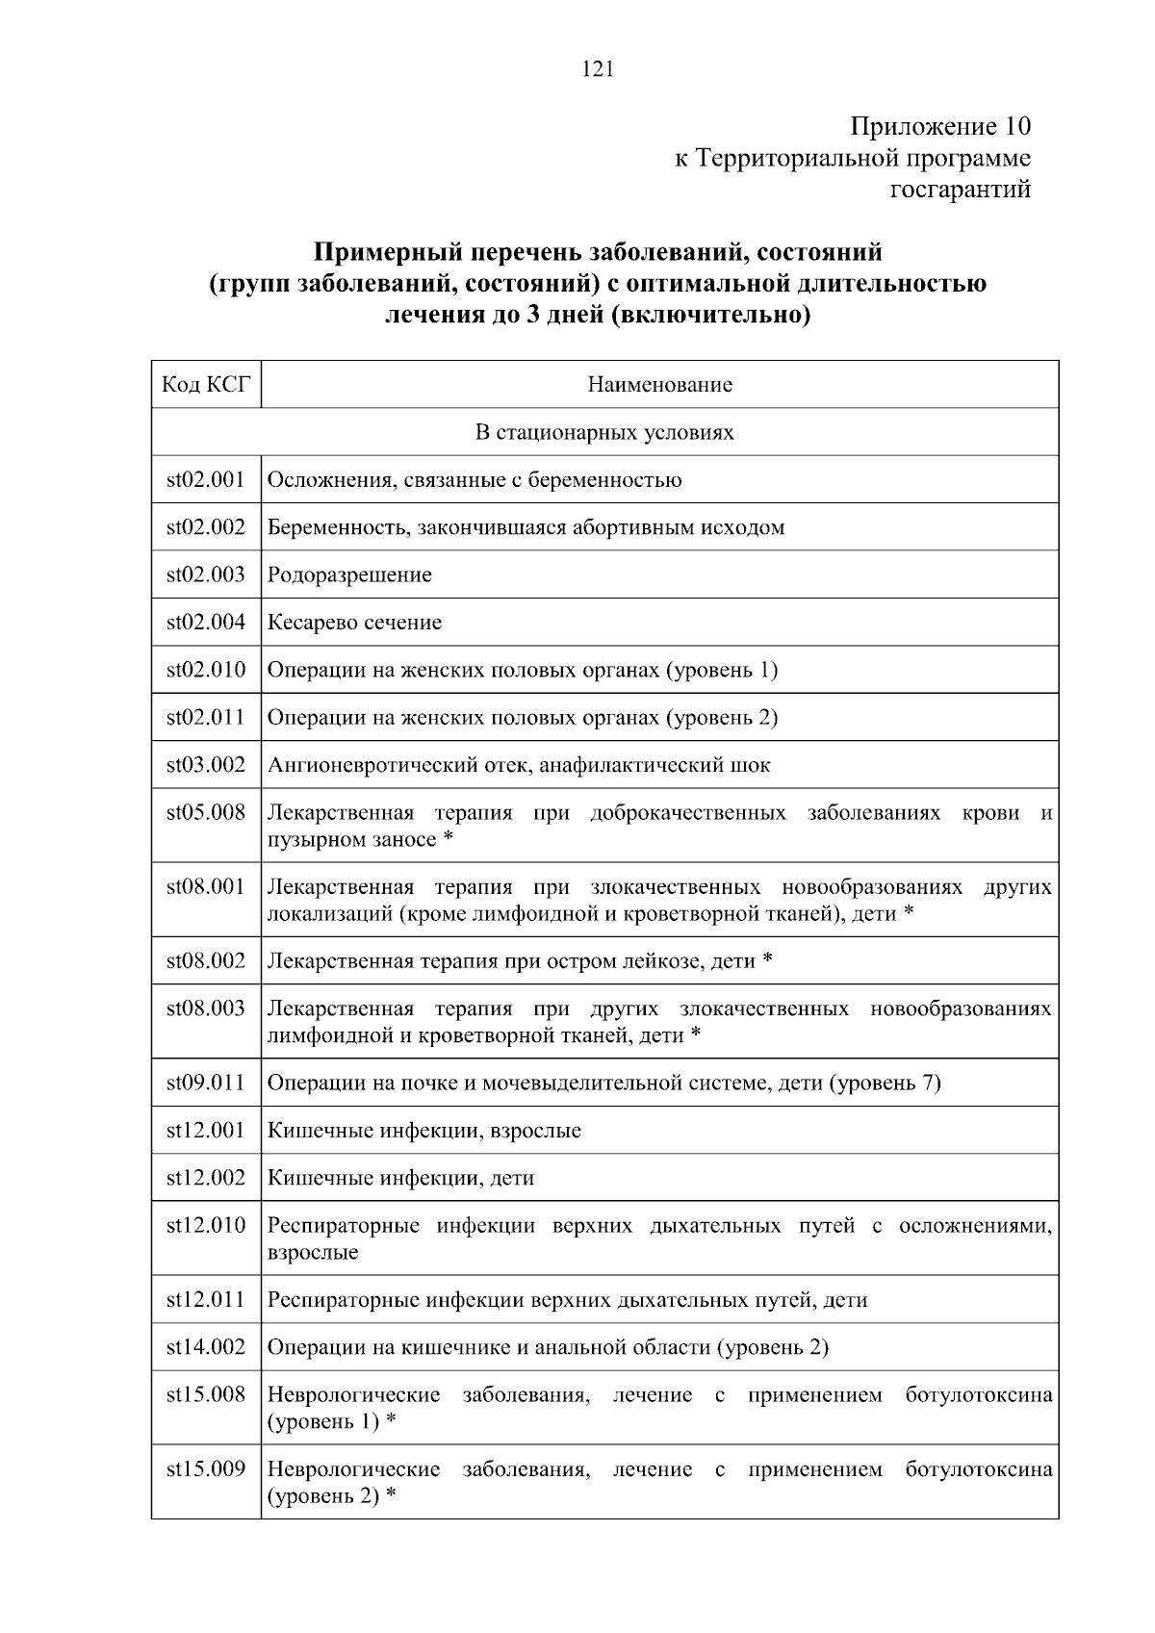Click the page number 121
[x=598, y=68]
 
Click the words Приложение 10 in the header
[x=939, y=126]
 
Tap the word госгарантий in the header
[x=960, y=190]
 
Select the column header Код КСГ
[x=206, y=385]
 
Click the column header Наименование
[x=659, y=385]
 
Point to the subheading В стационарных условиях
[x=604, y=432]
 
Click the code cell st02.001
[x=206, y=479]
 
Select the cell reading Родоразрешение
[x=349, y=574]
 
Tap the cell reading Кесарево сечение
[x=354, y=623]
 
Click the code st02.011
[x=206, y=717]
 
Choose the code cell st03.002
[x=206, y=765]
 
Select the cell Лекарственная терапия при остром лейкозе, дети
[x=520, y=960]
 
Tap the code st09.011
[x=206, y=1083]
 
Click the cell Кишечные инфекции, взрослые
[x=423, y=1131]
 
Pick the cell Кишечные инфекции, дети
[x=400, y=1178]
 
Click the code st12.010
[x=206, y=1225]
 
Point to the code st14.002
[x=206, y=1347]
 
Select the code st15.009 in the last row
[x=206, y=1469]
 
